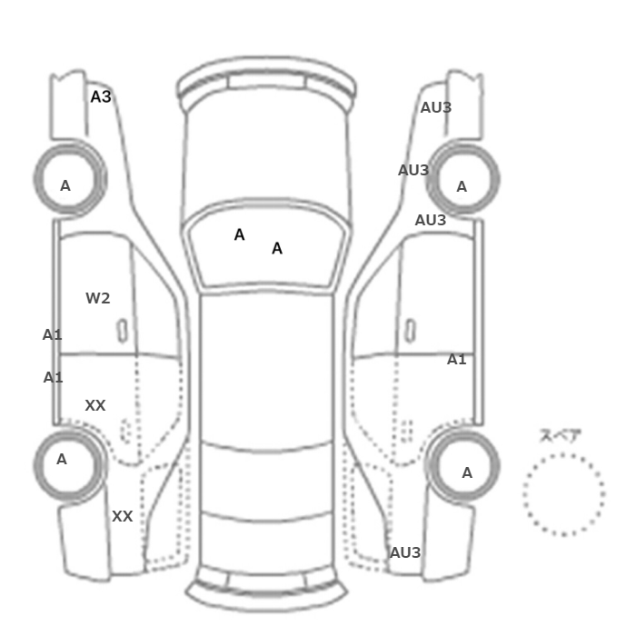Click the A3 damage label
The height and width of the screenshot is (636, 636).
point(101,97)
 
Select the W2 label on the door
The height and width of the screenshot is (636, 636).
point(98,299)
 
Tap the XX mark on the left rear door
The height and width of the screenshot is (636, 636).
point(95,405)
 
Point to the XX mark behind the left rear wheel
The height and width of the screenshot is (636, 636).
point(122,516)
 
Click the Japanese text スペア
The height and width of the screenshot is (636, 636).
point(561,435)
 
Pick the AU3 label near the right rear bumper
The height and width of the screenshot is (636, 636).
point(405,552)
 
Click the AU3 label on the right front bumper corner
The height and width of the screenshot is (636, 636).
point(436,107)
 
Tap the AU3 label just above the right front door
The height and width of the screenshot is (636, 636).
point(431,220)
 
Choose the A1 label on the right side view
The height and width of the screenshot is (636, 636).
point(457,360)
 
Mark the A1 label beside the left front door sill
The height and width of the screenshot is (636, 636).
point(53,335)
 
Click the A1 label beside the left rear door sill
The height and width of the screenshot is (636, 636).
point(53,378)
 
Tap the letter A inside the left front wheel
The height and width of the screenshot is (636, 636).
point(65,185)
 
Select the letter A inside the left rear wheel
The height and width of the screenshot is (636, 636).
point(62,459)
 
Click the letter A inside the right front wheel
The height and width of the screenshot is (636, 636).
point(462,186)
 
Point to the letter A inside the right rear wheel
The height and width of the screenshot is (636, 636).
point(467,473)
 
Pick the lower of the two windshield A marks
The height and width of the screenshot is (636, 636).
point(277,248)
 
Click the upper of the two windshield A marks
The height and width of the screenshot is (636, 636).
point(239,234)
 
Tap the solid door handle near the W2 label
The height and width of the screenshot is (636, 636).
point(122,331)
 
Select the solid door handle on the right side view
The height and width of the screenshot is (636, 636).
point(411,330)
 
